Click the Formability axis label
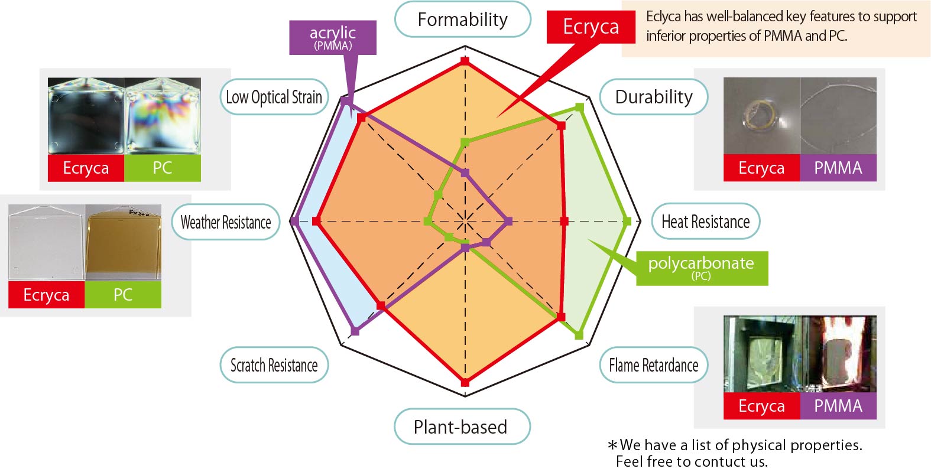pos(462,19)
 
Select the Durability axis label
pos(653,97)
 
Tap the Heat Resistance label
pos(705,222)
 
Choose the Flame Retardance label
pos(653,365)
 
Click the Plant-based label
pos(460,427)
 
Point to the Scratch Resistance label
pos(274,365)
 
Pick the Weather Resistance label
pos(226,222)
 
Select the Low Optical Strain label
pos(274,97)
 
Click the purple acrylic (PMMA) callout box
pos(332,37)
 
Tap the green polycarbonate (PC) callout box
pos(702,268)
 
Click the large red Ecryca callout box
pos(591,27)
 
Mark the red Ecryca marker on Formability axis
pos(465,61)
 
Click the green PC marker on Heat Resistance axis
pos(628,222)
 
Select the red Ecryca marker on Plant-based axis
pos(465,383)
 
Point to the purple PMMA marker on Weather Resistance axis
pos(294,221)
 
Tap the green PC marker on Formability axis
pos(465,142)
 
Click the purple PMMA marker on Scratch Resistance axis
pos(355,330)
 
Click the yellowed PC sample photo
pos(123,242)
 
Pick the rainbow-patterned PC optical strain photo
pos(163,116)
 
